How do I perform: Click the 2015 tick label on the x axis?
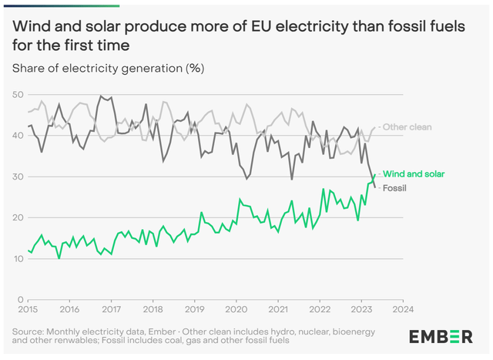pyautogui.click(x=28, y=309)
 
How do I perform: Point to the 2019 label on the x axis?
pyautogui.click(x=194, y=309)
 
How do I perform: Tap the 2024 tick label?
pyautogui.click(x=401, y=309)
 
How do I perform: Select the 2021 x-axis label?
pyautogui.click(x=277, y=309)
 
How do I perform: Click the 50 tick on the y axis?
pyautogui.click(x=17, y=95)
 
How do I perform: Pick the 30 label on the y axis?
pyautogui.click(x=17, y=177)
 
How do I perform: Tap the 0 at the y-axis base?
pyautogui.click(x=20, y=299)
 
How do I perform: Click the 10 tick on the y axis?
pyautogui.click(x=17, y=258)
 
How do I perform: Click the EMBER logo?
pyautogui.click(x=441, y=337)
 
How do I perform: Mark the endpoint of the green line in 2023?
pyautogui.click(x=375, y=175)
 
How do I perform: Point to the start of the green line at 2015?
pyautogui.click(x=28, y=250)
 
